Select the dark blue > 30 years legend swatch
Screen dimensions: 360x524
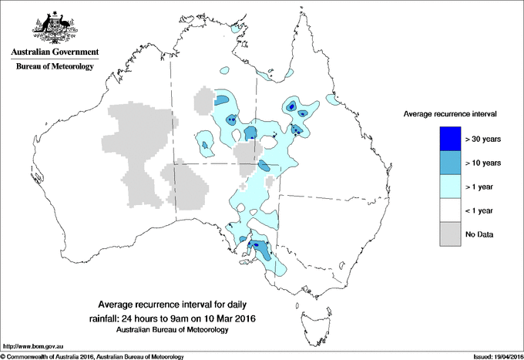[450, 139]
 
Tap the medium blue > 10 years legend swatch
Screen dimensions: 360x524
[450, 163]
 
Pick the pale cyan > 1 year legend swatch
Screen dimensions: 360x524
[450, 187]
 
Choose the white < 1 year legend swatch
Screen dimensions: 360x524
[450, 210]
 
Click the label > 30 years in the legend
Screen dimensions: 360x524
[483, 139]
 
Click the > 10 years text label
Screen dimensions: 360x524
[483, 163]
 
